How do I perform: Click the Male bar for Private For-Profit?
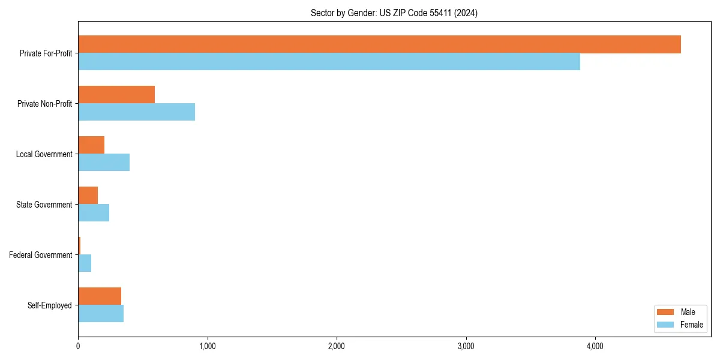pos(379,44)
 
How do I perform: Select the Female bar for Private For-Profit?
pos(329,62)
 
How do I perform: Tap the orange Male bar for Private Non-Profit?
pos(116,95)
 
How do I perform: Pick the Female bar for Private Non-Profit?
pos(136,112)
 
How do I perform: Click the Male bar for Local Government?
pos(91,145)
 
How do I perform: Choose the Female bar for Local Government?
pos(104,163)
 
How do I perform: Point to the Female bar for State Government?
pos(94,213)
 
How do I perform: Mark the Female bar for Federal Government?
pos(85,263)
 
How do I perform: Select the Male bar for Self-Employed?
pos(100,296)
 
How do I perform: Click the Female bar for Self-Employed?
pos(101,314)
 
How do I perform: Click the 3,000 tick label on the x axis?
pos(466,346)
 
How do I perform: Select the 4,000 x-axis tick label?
pos(595,346)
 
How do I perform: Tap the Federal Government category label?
pos(41,255)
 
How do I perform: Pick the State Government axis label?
pos(44,205)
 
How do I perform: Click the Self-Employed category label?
pos(50,305)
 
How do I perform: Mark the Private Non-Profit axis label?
pos(44,104)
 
